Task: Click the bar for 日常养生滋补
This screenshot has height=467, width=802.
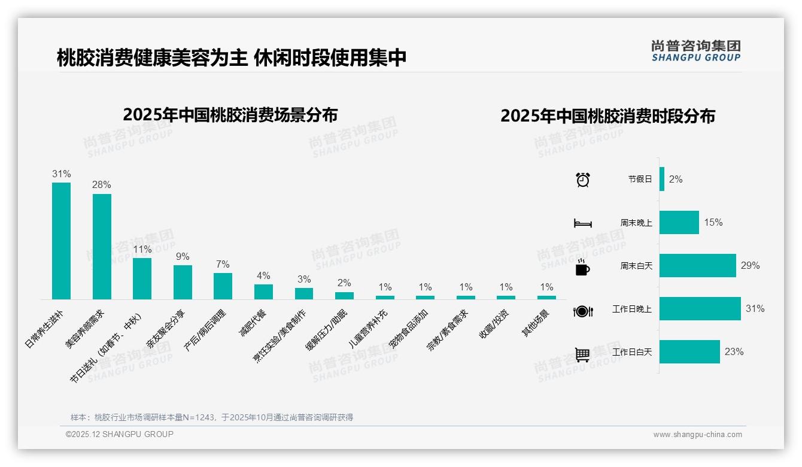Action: pyautogui.click(x=61, y=241)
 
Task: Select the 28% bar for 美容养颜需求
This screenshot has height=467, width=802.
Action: pyautogui.click(x=102, y=247)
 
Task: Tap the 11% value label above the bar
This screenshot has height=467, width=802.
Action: pyautogui.click(x=142, y=249)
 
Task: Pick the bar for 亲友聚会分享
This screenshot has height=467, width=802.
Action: pyautogui.click(x=183, y=282)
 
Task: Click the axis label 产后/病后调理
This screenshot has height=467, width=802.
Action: pyautogui.click(x=205, y=330)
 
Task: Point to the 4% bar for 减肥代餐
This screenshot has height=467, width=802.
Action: pyautogui.click(x=263, y=292)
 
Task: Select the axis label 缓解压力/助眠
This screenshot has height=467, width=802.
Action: pyautogui.click(x=327, y=330)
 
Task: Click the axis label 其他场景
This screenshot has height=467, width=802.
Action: pyautogui.click(x=536, y=323)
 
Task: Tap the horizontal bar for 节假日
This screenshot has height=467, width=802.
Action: pyautogui.click(x=662, y=179)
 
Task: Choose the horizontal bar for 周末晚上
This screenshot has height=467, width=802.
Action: pyautogui.click(x=679, y=222)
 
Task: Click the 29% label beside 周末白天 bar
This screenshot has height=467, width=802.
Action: pyautogui.click(x=750, y=265)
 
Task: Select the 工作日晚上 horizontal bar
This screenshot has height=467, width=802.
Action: pyautogui.click(x=700, y=309)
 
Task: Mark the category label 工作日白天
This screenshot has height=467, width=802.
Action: pyautogui.click(x=632, y=352)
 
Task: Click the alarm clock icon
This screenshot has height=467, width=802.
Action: pyautogui.click(x=582, y=180)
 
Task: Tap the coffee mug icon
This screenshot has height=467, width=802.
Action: pyautogui.click(x=582, y=268)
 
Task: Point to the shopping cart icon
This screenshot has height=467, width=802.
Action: pyautogui.click(x=582, y=354)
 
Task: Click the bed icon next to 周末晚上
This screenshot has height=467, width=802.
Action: pyautogui.click(x=582, y=223)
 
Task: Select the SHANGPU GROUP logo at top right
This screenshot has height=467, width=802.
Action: pyautogui.click(x=695, y=50)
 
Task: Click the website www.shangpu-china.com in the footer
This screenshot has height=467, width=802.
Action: pyautogui.click(x=697, y=435)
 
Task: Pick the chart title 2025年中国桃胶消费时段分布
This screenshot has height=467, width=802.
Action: pyautogui.click(x=607, y=116)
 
